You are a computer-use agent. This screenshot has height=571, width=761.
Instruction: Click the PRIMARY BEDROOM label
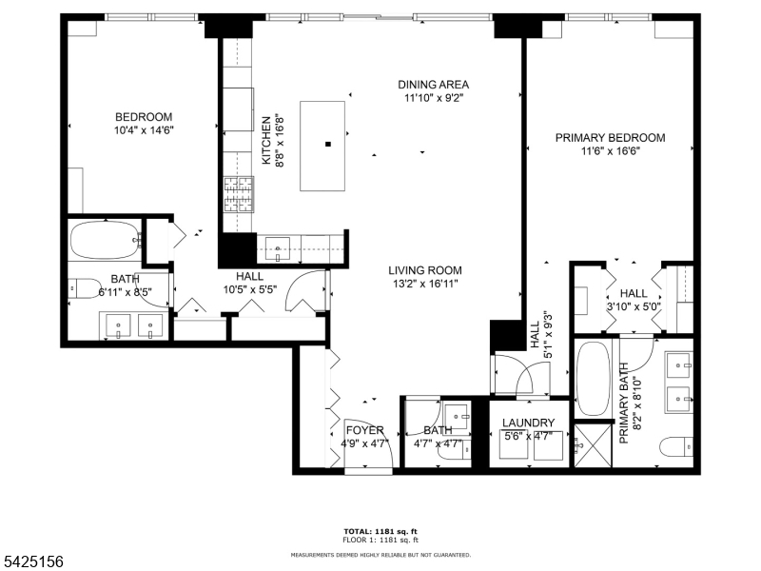(x=610, y=138)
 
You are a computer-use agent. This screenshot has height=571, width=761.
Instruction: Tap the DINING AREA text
(x=433, y=85)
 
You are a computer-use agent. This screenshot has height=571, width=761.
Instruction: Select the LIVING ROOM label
(x=425, y=269)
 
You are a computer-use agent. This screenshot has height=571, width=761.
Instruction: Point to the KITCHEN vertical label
(x=266, y=140)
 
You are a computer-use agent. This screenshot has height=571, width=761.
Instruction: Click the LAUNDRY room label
(x=528, y=423)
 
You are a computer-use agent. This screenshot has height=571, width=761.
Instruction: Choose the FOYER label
(x=363, y=431)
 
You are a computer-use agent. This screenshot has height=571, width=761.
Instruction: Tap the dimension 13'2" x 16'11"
(x=425, y=283)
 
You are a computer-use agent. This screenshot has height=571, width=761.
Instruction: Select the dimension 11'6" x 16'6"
(x=610, y=151)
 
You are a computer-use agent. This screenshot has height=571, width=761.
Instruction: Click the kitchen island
(x=327, y=145)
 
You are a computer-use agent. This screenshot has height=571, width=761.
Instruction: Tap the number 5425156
(x=33, y=562)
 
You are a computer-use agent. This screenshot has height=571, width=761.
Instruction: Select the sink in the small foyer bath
(x=457, y=414)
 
